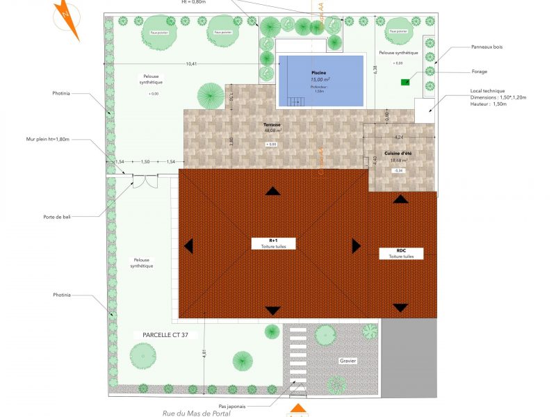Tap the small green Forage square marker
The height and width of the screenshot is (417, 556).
point(405,82)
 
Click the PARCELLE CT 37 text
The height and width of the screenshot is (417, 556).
point(165,334)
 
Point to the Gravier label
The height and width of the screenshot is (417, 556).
point(347,361)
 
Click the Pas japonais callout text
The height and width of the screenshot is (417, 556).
point(231,407)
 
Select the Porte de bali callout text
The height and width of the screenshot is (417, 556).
point(56,216)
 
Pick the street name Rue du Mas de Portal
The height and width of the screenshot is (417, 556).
point(196,414)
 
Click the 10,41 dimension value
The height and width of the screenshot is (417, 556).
point(191,64)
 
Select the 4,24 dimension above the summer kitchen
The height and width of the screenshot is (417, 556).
point(398,137)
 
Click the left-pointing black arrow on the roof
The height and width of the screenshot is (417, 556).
point(188,245)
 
